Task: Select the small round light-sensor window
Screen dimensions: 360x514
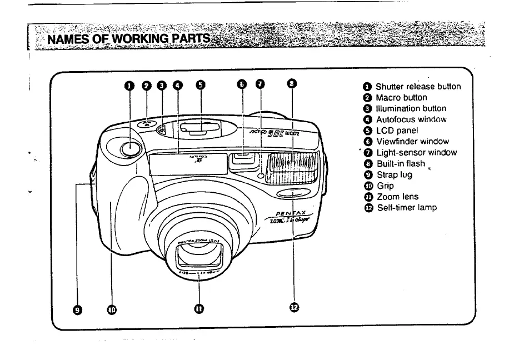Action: [260, 176]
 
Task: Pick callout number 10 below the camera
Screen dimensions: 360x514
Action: [112, 309]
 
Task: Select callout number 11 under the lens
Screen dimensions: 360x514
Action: [198, 309]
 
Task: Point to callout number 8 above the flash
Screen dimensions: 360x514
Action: [291, 84]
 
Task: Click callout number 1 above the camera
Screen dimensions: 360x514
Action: [129, 85]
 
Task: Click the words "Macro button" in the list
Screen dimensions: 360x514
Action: [401, 97]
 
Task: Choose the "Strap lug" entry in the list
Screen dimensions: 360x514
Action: [394, 174]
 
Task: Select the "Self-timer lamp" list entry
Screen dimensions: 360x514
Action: [406, 207]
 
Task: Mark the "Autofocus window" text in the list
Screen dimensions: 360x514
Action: [411, 119]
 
